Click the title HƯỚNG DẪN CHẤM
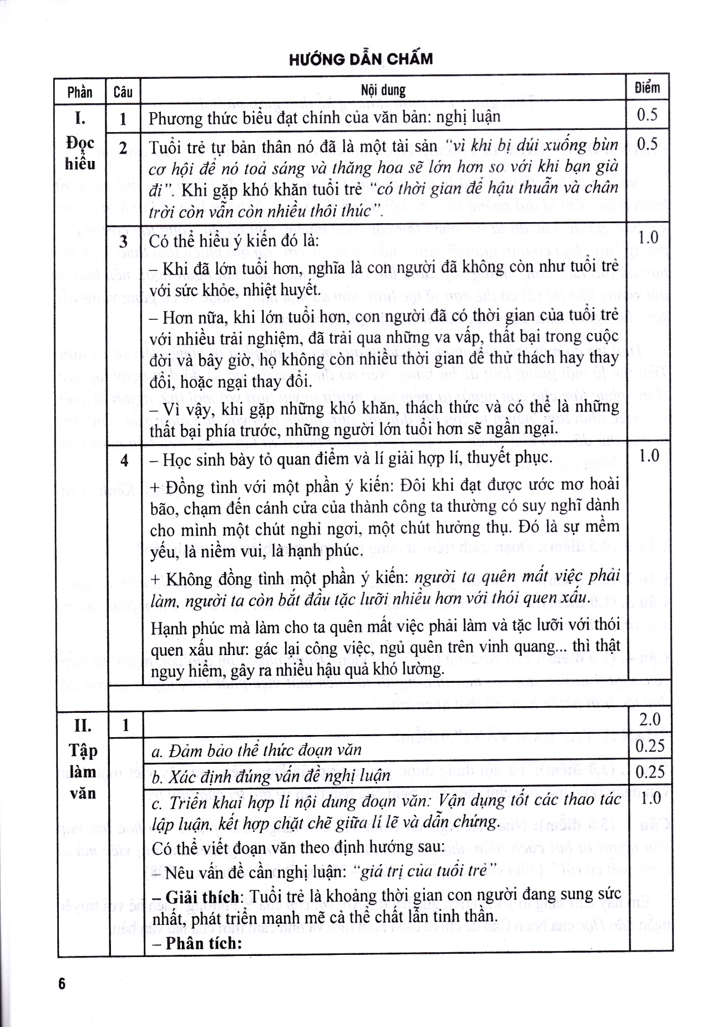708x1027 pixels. pos(361,59)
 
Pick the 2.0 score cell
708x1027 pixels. pos(649,720)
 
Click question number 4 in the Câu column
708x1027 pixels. pos(124,460)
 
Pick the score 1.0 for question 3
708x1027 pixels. pos(648,238)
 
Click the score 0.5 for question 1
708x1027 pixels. pos(647,115)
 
